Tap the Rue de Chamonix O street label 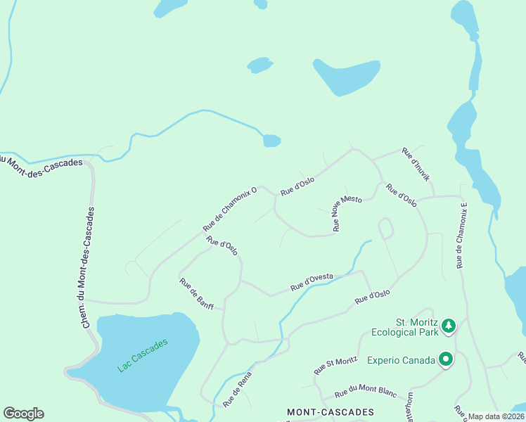pyautogui.click(x=230, y=209)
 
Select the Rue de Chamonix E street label pyautogui.click(x=461, y=236)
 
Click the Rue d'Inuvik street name pyautogui.click(x=416, y=165)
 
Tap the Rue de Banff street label pyautogui.click(x=196, y=294)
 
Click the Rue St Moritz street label pyautogui.click(x=335, y=365)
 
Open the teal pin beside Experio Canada pyautogui.click(x=445, y=360)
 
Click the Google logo pyautogui.click(x=23, y=414)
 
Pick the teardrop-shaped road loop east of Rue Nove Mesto pyautogui.click(x=385, y=228)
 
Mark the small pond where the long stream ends pyautogui.click(x=271, y=141)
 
